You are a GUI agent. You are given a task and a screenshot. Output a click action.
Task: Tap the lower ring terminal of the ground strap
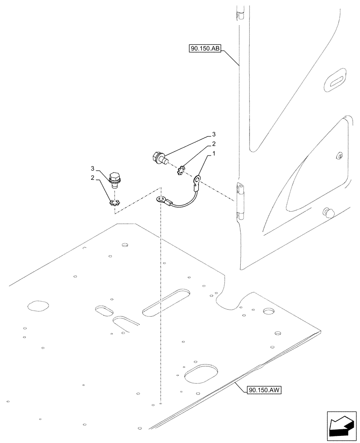pos(160,200)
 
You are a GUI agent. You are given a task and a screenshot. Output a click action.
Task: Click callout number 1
pos(215,154)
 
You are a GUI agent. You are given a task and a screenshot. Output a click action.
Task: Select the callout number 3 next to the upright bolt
pos(93,169)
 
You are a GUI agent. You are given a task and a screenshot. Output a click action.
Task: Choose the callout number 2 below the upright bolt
pos(93,178)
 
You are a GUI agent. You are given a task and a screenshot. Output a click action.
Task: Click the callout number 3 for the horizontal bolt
pos(214,134)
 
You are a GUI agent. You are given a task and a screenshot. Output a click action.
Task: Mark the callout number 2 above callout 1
pos(214,144)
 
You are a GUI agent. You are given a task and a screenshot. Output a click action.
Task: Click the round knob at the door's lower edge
pos(329,212)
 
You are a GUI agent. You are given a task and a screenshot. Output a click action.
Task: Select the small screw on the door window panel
pos(340,155)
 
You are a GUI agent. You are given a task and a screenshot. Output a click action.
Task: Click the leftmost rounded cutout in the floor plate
pos(37,306)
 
